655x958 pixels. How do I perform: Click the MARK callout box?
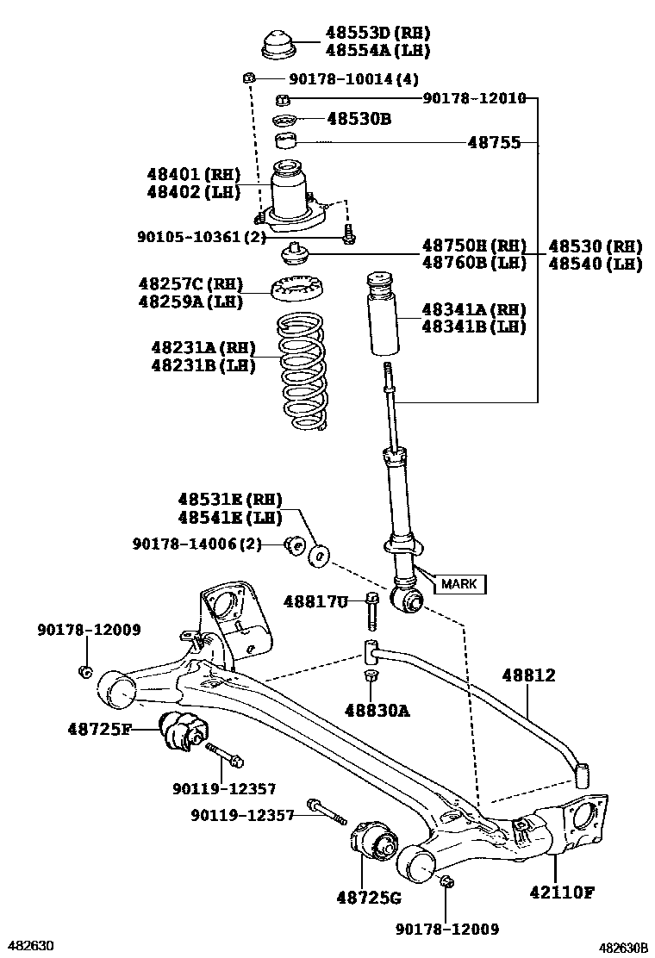pos(458,584)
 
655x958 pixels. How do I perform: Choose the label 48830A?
pos(377,711)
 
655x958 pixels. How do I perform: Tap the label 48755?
pos(494,142)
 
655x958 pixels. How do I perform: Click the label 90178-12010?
pos(474,98)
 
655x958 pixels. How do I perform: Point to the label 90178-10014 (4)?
pos(353,79)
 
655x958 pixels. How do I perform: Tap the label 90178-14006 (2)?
pos(196,544)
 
